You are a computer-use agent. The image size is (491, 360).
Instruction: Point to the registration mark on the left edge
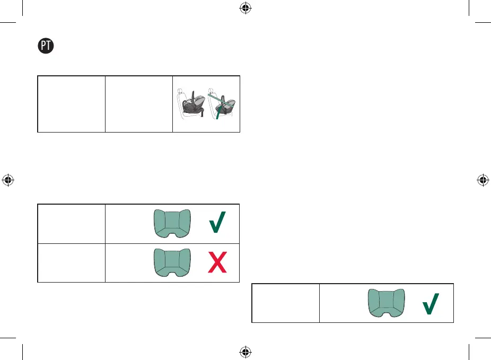coord(8,180)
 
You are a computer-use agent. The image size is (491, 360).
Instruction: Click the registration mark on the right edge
coord(483,180)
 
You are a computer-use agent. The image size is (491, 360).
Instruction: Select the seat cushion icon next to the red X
coord(171,262)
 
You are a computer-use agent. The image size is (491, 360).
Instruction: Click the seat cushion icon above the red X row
coord(171,223)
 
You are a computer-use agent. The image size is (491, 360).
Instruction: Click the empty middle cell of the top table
coord(139,104)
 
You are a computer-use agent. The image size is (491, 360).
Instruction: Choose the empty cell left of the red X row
coord(72,262)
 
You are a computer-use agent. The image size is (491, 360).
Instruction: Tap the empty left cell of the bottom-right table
coord(285,303)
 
